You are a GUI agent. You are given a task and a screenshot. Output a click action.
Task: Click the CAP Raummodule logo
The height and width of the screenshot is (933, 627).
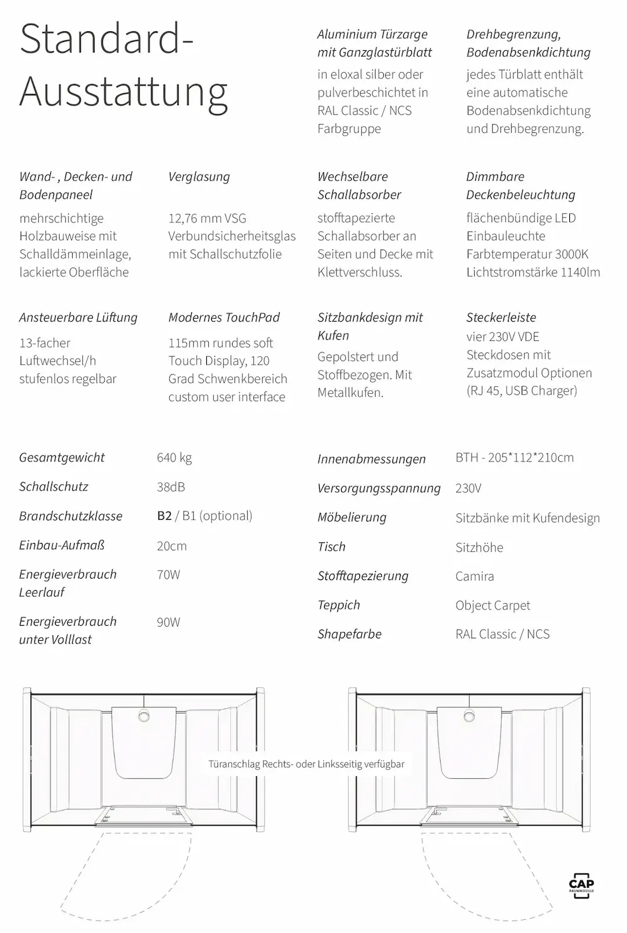[581, 885]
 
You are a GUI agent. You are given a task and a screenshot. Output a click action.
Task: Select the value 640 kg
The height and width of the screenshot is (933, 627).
[174, 457]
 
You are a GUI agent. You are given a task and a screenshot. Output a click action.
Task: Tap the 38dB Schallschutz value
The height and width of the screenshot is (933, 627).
[171, 487]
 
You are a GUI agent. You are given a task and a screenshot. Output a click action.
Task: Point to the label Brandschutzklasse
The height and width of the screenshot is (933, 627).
[70, 516]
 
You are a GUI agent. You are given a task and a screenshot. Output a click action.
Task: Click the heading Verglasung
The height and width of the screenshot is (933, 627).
[199, 177]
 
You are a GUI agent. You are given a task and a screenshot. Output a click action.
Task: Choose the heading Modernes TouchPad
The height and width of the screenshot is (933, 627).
[224, 317]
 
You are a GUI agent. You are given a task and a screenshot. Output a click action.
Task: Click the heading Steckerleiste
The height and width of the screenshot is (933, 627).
[501, 317]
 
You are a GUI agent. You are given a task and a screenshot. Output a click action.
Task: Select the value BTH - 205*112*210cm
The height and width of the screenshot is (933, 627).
[514, 457]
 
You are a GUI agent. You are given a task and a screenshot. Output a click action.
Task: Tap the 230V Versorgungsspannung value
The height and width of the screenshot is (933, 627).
[468, 488]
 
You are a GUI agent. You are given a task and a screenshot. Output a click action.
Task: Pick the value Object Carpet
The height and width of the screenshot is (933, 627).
[493, 605]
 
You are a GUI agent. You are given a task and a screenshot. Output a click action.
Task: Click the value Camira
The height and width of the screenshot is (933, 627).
[475, 576]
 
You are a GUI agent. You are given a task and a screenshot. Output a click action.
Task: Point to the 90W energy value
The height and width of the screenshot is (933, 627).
[168, 622]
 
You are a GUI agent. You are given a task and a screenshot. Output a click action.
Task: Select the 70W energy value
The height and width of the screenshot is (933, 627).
[168, 574]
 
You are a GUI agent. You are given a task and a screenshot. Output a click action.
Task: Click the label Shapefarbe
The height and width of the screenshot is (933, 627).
[349, 634]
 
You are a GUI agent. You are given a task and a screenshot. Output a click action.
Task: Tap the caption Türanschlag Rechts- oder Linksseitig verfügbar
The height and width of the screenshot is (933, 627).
[307, 764]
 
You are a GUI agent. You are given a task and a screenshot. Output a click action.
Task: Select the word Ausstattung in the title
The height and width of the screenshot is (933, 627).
[124, 92]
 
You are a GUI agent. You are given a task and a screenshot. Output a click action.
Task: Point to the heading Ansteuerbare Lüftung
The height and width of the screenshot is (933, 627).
[78, 317]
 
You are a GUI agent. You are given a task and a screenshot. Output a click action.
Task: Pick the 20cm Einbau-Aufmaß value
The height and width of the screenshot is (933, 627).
[171, 546]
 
